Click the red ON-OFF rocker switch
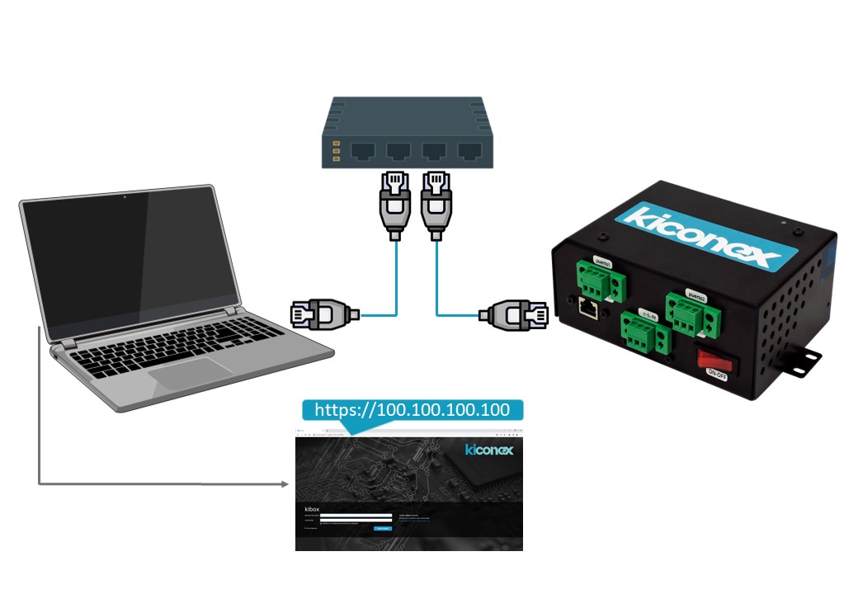click(x=716, y=359)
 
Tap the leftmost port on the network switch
click(x=365, y=151)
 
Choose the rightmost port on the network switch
click(x=469, y=151)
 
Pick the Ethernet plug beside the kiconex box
click(x=514, y=313)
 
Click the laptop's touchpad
click(x=191, y=372)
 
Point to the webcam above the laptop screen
click(x=125, y=197)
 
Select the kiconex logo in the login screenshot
click(x=488, y=450)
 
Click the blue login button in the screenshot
click(x=384, y=527)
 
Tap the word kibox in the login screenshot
click(x=310, y=508)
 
